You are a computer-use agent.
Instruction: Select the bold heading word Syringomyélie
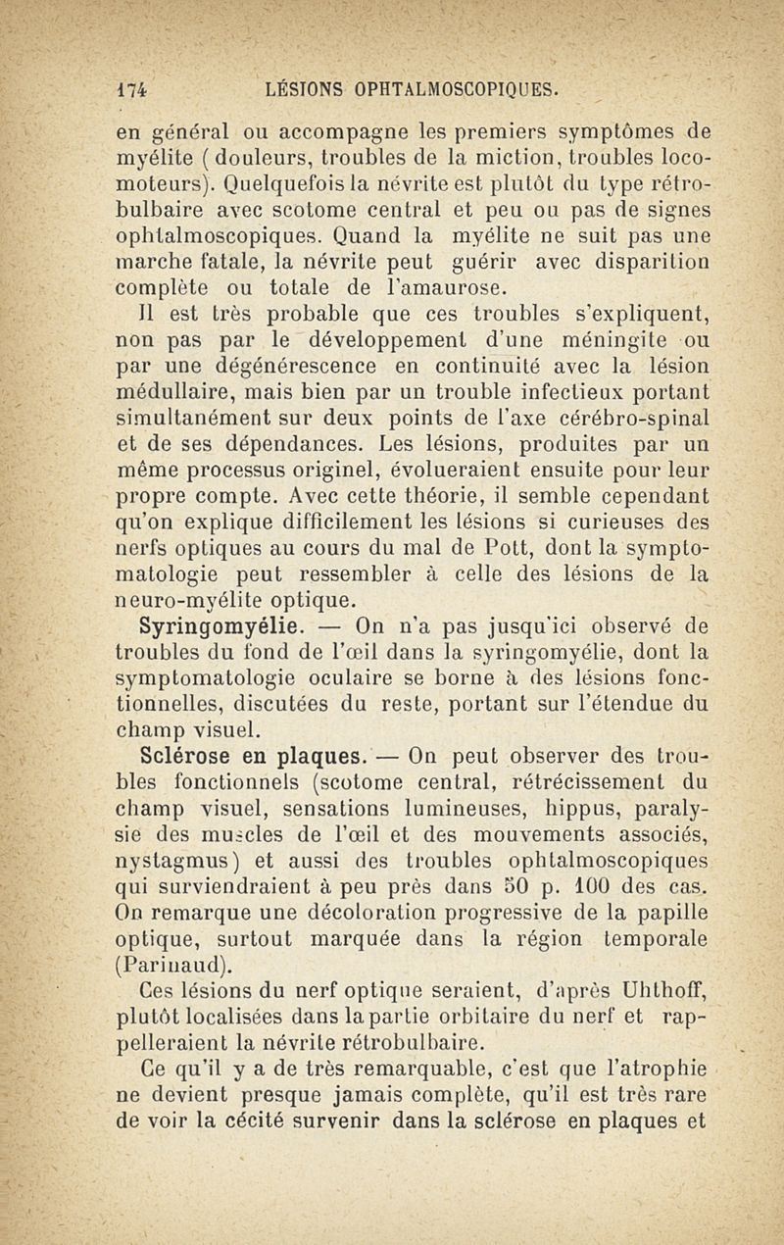click(x=182, y=623)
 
